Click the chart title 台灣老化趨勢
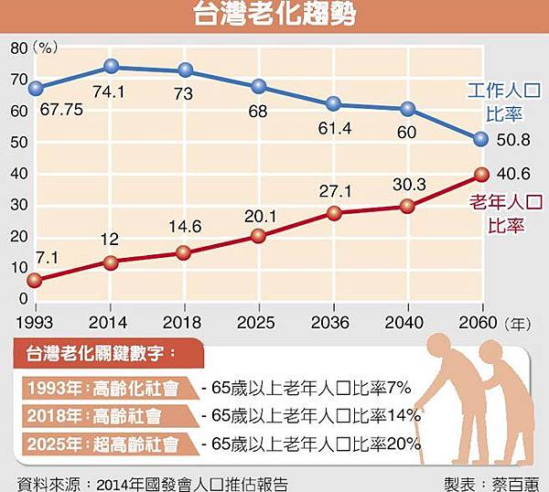click(x=274, y=16)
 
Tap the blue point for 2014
click(x=111, y=66)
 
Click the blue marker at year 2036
click(x=333, y=104)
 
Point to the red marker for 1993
click(x=36, y=281)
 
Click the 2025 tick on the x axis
click(x=259, y=323)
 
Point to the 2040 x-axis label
click(x=407, y=323)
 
